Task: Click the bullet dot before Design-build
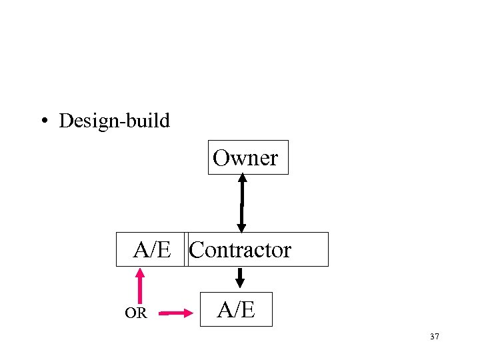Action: [44, 121]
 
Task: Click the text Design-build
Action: [115, 121]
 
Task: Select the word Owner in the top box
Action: [245, 158]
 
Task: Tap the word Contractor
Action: [240, 250]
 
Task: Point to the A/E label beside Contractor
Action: [153, 250]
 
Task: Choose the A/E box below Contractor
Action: [237, 310]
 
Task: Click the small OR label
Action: [135, 313]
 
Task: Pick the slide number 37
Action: [435, 337]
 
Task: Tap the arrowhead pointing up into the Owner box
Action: [243, 179]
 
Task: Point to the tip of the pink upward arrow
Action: [140, 270]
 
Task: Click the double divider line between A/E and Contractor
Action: [187, 249]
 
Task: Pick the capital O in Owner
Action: [221, 158]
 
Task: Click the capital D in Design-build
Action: [65, 121]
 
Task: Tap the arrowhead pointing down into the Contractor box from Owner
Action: [241, 227]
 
